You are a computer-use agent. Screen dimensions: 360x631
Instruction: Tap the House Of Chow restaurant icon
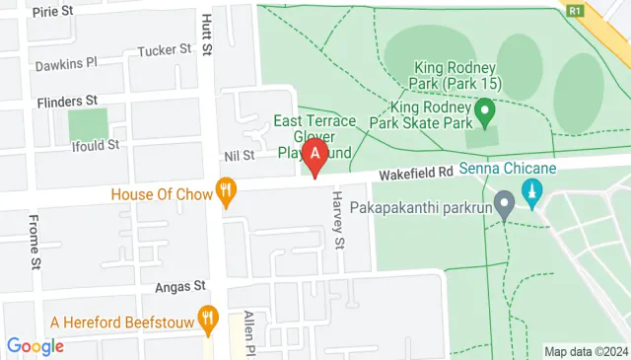(227, 192)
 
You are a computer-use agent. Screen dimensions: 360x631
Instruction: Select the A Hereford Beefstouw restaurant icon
(207, 318)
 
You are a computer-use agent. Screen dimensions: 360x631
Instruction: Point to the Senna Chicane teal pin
(533, 190)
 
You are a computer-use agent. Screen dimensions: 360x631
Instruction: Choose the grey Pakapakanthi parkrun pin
(505, 207)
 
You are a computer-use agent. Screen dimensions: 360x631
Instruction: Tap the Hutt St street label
(207, 34)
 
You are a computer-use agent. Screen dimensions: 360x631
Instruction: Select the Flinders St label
(67, 101)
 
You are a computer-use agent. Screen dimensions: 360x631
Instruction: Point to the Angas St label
(179, 286)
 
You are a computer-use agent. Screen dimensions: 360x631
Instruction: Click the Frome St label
(34, 242)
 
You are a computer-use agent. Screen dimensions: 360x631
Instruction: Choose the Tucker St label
(164, 50)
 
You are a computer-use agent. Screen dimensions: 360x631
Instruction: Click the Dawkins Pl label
(66, 64)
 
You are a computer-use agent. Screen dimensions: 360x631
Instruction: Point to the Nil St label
(240, 155)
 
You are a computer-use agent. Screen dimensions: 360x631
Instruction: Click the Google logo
(35, 346)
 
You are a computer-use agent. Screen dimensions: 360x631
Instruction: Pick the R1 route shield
(574, 10)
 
